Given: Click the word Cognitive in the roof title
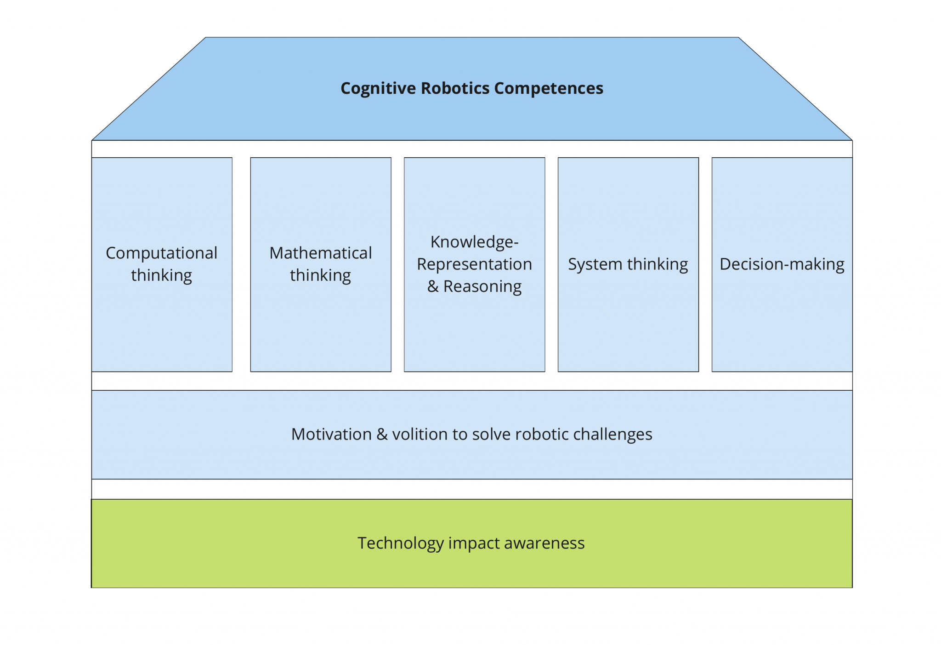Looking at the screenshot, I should (x=378, y=88).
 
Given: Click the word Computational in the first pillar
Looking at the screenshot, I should (x=161, y=253).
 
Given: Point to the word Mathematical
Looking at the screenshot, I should (x=320, y=253).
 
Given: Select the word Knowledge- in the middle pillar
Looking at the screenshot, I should (x=474, y=242).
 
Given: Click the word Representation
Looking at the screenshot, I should (x=474, y=264).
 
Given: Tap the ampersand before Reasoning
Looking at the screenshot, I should (x=433, y=286).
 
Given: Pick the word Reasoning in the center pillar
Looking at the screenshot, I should (x=482, y=287).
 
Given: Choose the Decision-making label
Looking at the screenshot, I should (x=782, y=264).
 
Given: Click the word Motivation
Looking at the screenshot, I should (x=331, y=434).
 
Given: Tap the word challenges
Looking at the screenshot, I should (x=612, y=434).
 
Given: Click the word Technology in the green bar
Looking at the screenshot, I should (x=400, y=543).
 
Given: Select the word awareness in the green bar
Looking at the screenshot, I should (x=544, y=543).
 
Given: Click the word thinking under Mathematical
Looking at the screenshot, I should (x=320, y=276).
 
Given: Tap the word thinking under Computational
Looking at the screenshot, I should (x=161, y=276).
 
